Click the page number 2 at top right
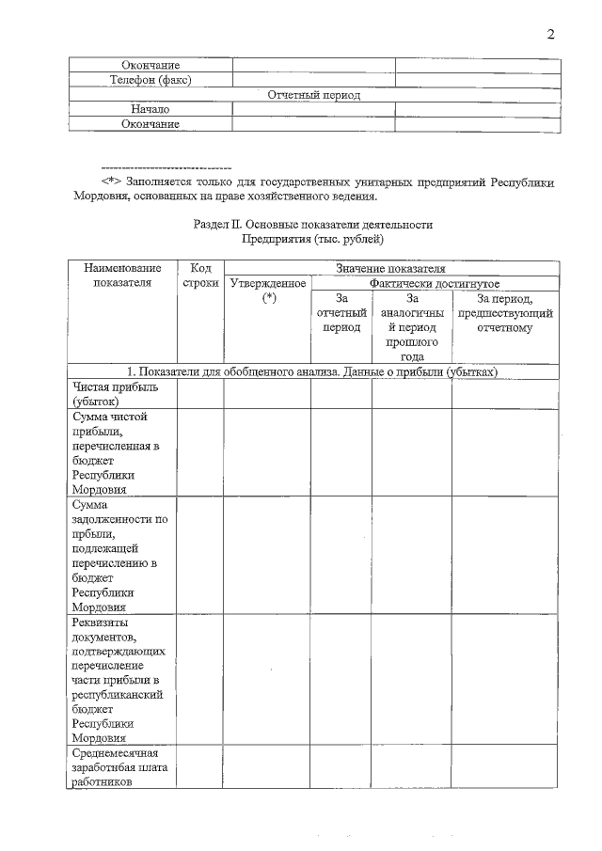(551, 35)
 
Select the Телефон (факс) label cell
(150, 80)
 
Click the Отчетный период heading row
(314, 95)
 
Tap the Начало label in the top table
(150, 109)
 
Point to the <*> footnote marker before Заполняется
(113, 181)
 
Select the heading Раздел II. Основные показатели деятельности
(313, 225)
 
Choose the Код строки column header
(199, 276)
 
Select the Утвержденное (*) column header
(268, 291)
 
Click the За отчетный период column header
(341, 312)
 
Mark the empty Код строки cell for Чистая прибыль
(199, 394)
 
